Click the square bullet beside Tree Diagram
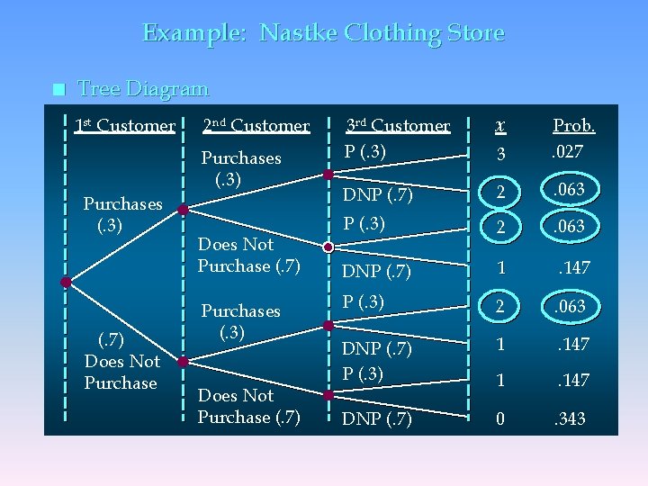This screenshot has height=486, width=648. click(58, 89)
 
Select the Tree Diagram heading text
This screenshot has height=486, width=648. click(143, 89)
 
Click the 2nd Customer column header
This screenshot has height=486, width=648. click(256, 126)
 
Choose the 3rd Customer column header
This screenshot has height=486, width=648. click(399, 126)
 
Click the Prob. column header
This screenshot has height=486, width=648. click(573, 126)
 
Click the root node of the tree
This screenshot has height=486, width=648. click(66, 282)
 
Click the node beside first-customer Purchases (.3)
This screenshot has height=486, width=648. click(183, 210)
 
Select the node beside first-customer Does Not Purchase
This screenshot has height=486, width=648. click(183, 362)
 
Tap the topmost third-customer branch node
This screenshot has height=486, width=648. click(329, 174)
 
